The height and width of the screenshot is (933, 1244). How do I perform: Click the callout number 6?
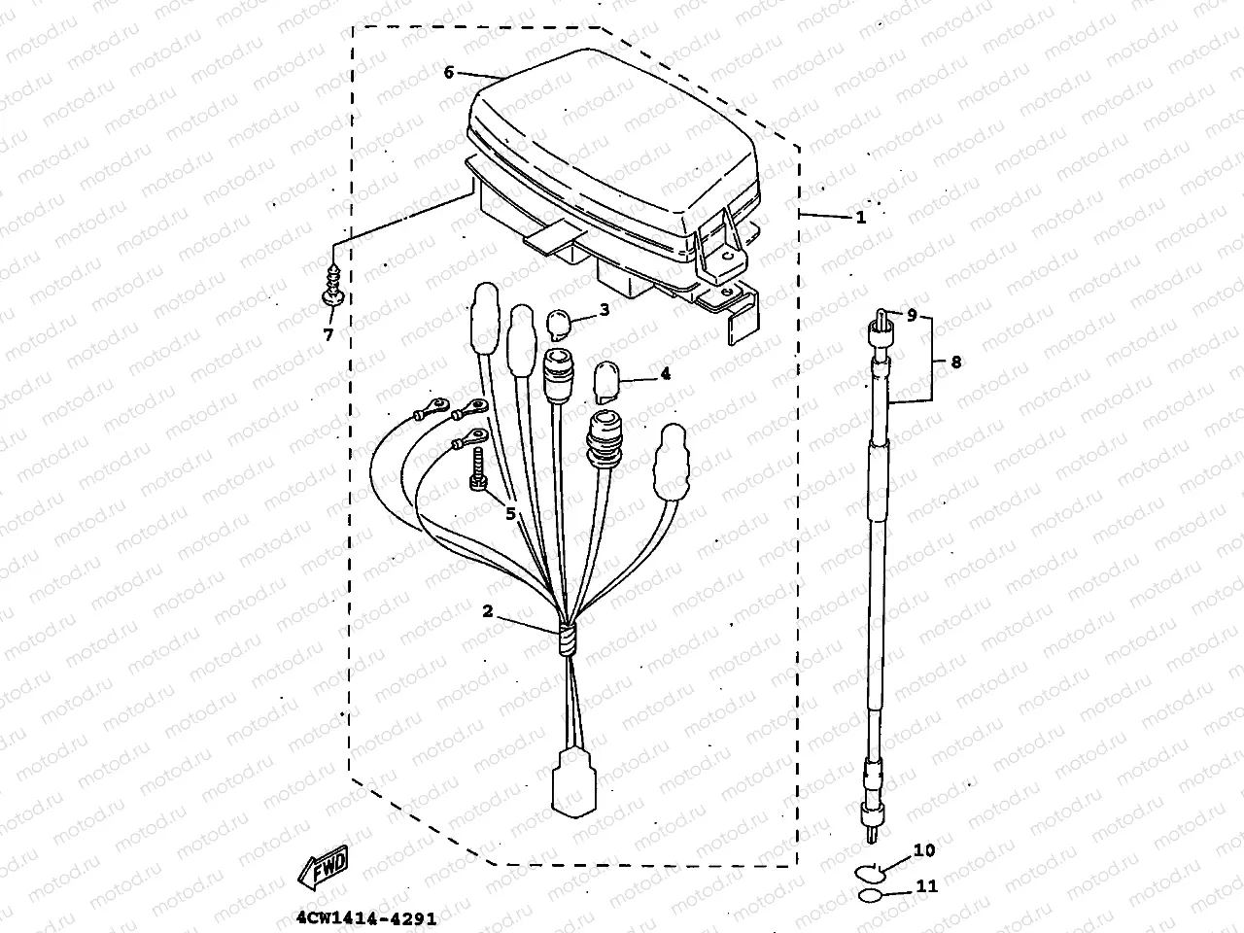tap(449, 72)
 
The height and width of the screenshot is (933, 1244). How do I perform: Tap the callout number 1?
tap(860, 218)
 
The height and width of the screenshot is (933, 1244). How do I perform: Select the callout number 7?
tap(328, 335)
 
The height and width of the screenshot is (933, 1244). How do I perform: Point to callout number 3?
tap(604, 310)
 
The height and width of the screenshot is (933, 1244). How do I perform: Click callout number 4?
tap(665, 373)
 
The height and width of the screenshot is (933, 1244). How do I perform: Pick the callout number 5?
tap(510, 514)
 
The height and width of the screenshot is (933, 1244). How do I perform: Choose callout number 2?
tap(488, 611)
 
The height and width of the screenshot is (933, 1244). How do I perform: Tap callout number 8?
tap(956, 362)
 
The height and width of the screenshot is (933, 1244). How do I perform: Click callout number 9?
tap(913, 315)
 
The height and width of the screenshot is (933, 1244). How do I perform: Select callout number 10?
tap(924, 850)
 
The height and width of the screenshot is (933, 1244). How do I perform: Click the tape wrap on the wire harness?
tap(566, 641)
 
